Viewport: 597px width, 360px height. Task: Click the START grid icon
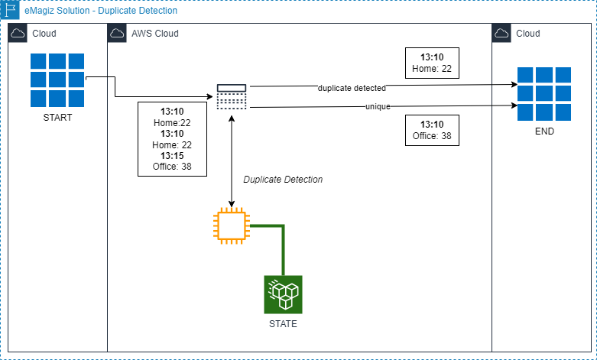tap(57, 81)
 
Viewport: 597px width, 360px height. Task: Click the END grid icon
tap(544, 94)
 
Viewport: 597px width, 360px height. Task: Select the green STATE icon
tap(284, 294)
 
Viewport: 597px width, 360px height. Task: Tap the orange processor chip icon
tap(231, 225)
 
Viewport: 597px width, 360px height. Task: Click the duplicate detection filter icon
tap(231, 97)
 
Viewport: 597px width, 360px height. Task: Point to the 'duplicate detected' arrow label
tap(352, 89)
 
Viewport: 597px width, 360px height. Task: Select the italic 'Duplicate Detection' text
tap(283, 180)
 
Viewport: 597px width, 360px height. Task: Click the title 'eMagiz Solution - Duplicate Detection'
tap(101, 11)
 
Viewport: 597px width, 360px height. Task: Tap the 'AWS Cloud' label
tap(155, 34)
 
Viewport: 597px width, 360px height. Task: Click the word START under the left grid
tap(57, 118)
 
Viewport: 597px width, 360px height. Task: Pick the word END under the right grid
tap(544, 131)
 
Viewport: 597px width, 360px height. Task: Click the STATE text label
tap(284, 324)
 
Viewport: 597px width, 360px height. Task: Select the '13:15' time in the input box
tap(171, 155)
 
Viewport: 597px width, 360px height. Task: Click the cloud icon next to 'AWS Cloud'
tap(118, 34)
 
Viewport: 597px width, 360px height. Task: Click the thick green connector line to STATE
tap(284, 248)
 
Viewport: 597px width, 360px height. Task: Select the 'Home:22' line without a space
tap(171, 122)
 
